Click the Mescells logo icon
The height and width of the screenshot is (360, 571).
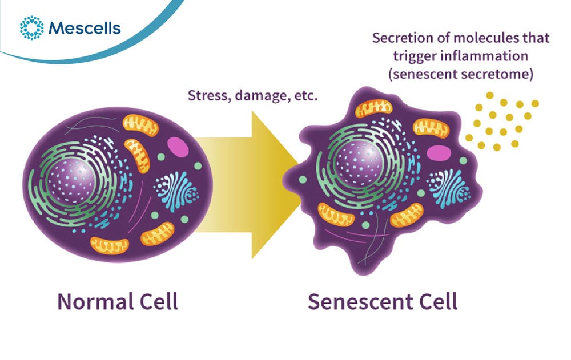[31, 27]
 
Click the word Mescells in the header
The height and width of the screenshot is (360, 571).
[84, 28]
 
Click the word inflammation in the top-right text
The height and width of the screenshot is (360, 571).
[484, 56]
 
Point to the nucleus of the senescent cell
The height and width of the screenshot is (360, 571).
[359, 164]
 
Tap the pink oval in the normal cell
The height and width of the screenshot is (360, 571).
[178, 146]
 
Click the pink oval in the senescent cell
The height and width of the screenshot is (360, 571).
[439, 152]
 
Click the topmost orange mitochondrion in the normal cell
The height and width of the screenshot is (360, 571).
[140, 126]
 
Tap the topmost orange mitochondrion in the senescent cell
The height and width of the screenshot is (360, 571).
[373, 108]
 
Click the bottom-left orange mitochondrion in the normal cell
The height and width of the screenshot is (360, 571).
[109, 245]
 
